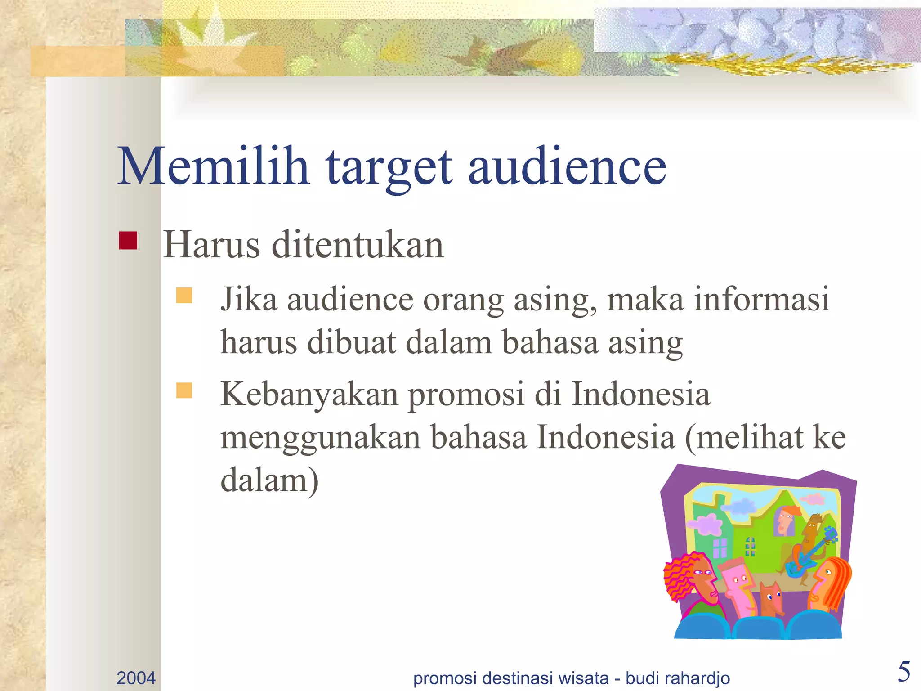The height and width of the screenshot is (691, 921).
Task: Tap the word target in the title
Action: coord(389,167)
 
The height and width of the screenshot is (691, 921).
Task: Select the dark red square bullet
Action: coord(128,240)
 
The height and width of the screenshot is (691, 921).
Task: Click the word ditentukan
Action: coord(358,245)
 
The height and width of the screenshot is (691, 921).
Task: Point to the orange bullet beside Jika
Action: coord(184,296)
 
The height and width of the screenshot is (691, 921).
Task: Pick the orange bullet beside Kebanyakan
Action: coord(184,390)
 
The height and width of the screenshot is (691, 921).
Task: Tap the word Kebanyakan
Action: coord(309,394)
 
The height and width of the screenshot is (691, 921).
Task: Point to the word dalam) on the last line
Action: coord(269,480)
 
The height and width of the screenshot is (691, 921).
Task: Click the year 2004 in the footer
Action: coord(136,678)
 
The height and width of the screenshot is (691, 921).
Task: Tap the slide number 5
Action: coord(903,672)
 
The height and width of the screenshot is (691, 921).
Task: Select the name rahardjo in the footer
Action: coord(698,678)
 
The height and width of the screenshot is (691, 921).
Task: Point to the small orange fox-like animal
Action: coord(772,598)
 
